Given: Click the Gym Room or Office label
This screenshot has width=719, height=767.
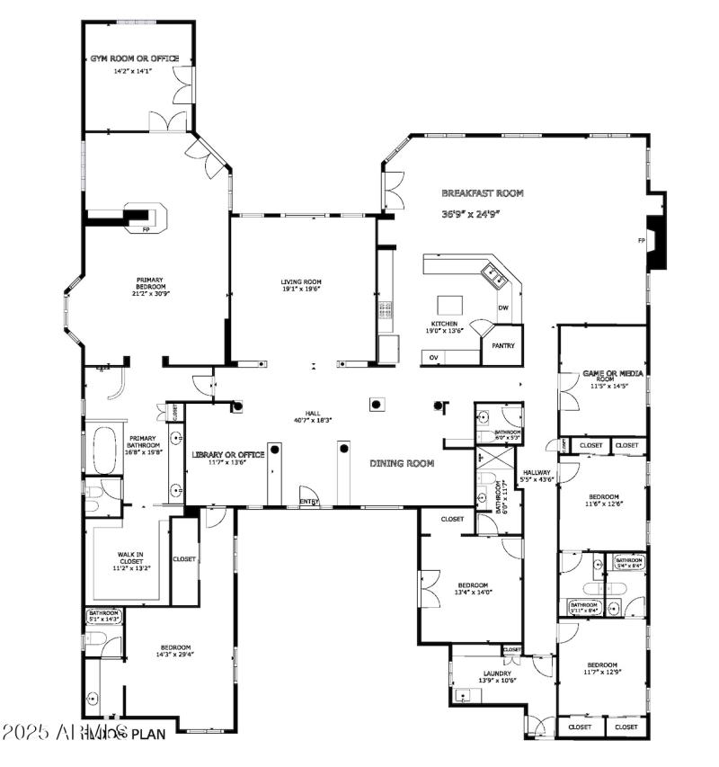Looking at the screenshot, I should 134,58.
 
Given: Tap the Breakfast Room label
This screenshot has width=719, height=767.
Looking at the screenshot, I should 482,193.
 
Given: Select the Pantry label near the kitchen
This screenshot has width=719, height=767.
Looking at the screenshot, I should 502,345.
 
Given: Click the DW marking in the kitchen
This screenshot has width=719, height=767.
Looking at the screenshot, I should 504,308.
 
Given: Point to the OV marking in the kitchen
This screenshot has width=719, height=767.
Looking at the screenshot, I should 433,357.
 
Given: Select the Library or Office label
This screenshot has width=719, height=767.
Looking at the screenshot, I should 228,455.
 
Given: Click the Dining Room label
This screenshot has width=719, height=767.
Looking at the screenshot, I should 402,464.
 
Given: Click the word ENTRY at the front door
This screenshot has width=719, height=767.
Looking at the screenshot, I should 308,502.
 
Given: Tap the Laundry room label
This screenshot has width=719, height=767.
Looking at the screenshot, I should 497,673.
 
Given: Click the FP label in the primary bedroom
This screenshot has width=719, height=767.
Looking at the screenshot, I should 146,230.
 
